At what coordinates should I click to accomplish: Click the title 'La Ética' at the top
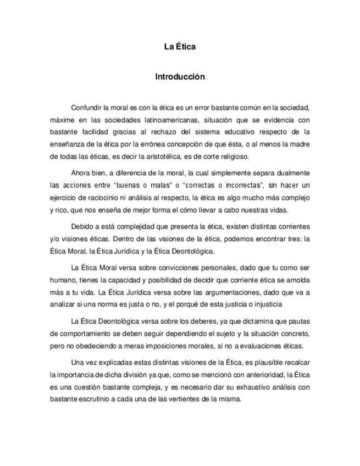click(180, 47)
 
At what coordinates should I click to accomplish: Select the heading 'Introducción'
click(180, 77)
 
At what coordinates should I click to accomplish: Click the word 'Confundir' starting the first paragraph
click(86, 107)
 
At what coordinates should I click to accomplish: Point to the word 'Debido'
click(82, 226)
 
